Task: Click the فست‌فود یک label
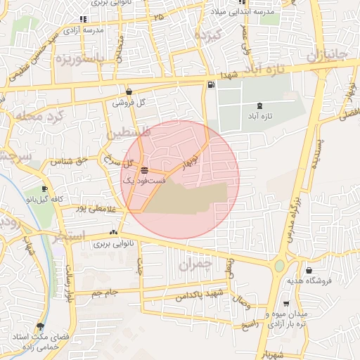point(144,181)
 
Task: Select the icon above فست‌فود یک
point(144,170)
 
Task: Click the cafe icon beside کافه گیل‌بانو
point(45,189)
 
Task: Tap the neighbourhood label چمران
point(195,265)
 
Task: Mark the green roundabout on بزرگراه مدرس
point(279,266)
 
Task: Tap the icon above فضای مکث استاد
point(39,327)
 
